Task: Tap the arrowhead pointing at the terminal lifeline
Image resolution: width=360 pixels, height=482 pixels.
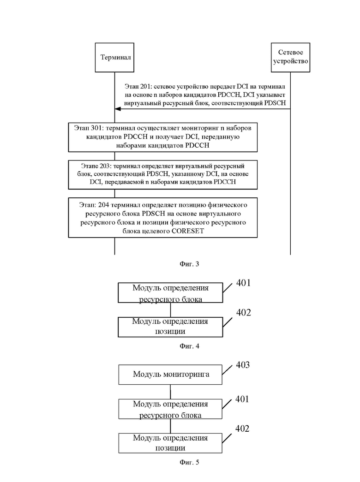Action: (x=117, y=109)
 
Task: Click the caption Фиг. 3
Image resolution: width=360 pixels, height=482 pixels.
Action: (x=189, y=264)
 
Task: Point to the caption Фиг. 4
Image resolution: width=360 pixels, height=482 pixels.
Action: (x=189, y=346)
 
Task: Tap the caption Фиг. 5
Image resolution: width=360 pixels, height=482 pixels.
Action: (x=189, y=462)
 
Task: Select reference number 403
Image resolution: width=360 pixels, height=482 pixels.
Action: (x=243, y=365)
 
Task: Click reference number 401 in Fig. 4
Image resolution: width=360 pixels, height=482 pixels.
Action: (x=243, y=283)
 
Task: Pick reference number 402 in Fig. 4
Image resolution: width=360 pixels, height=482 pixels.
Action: (x=243, y=313)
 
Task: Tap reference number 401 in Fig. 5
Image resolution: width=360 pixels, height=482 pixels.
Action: (x=242, y=399)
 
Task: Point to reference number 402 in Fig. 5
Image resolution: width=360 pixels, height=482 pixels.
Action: (x=242, y=428)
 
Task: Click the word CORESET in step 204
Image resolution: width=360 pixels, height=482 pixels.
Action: (x=188, y=231)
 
